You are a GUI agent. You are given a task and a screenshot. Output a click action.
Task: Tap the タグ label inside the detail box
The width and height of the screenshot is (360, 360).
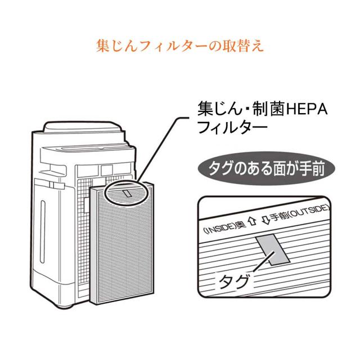(231, 281)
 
